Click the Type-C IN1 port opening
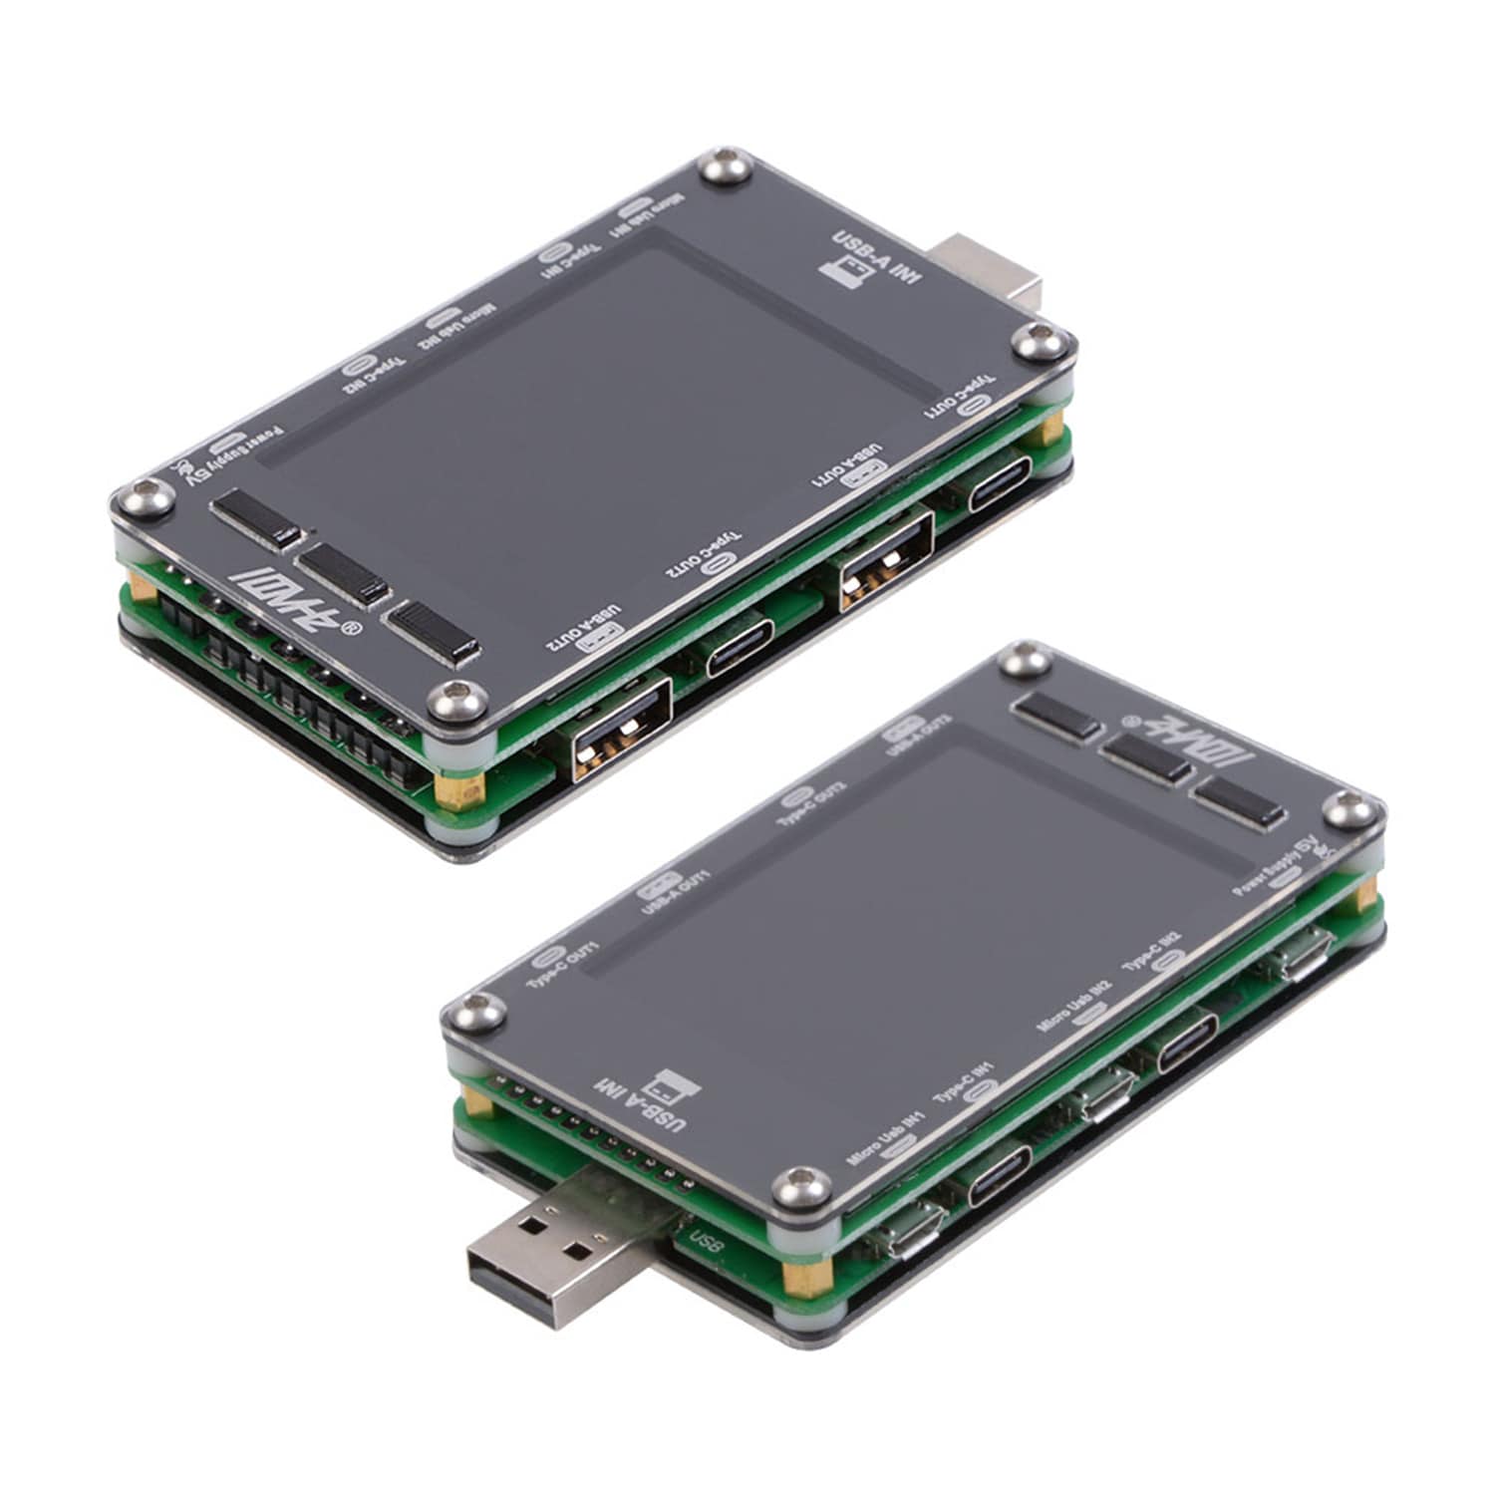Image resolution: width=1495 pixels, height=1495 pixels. coord(1000,1176)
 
